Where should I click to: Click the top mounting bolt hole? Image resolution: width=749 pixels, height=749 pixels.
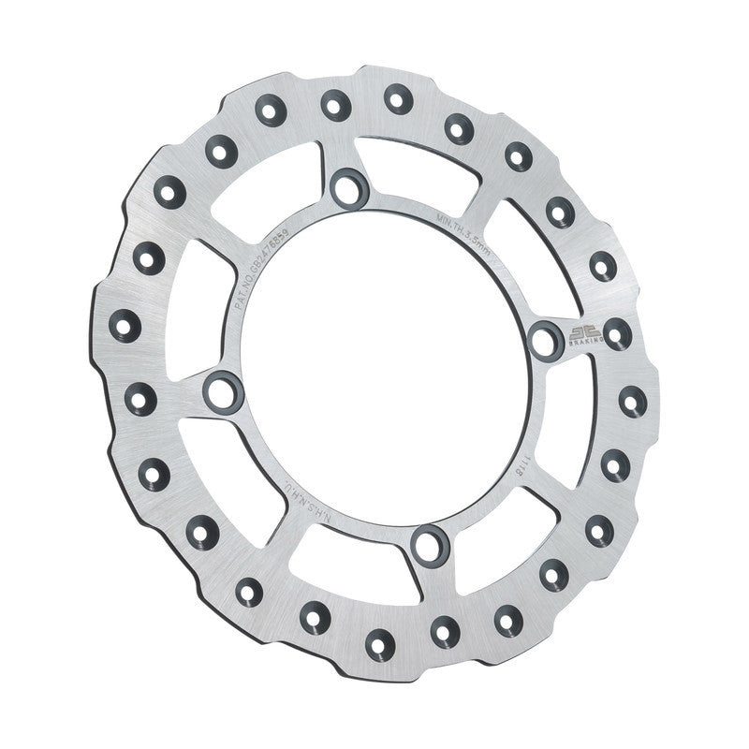(349, 185)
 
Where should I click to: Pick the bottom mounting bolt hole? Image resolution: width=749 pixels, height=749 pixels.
(430, 544)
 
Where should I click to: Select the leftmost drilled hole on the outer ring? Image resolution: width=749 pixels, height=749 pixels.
(125, 325)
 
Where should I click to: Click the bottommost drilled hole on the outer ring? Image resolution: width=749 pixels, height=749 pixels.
(380, 640)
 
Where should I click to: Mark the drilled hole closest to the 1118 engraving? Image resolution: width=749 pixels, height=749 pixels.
(616, 463)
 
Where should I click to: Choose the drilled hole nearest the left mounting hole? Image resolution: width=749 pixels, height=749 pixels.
(140, 396)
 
